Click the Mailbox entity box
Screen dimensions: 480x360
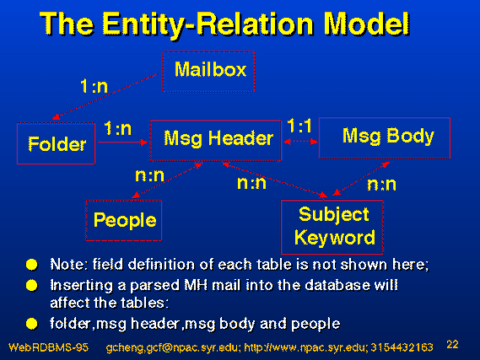208,72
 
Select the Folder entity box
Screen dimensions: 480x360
56,143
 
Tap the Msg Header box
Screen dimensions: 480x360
215,140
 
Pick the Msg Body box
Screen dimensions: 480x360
385,137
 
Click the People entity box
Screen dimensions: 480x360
124,220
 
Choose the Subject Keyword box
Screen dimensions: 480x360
332,227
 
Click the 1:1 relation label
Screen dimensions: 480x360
299,126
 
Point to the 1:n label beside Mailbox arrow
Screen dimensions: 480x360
94,86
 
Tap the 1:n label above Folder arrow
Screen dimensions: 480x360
118,128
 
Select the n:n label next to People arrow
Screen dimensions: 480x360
149,175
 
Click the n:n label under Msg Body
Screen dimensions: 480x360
381,184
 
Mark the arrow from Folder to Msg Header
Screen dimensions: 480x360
123,142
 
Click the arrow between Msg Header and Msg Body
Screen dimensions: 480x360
300,142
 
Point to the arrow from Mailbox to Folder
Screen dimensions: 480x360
105,96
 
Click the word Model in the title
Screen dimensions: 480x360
366,24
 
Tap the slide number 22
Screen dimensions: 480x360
452,344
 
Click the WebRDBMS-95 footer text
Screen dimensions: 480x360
48,347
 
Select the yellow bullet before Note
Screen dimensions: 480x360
32,265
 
